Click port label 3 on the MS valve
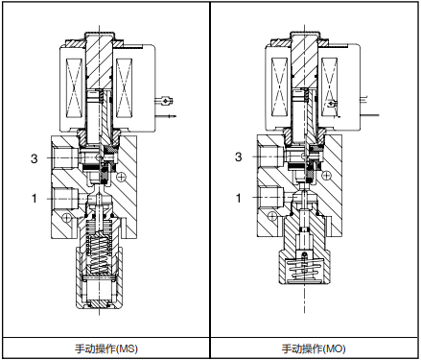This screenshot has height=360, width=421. [34, 158]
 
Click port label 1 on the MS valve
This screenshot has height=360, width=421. [35, 199]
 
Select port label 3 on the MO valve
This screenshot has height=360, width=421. [239, 156]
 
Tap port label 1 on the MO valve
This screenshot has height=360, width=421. [239, 198]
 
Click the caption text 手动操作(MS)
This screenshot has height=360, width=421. [106, 348]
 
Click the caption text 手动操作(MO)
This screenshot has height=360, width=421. [314, 348]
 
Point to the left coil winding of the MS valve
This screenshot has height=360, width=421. [75, 88]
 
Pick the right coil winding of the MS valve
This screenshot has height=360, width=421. [125, 88]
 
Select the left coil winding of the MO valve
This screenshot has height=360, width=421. [279, 87]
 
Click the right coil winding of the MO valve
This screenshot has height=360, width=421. [329, 87]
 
